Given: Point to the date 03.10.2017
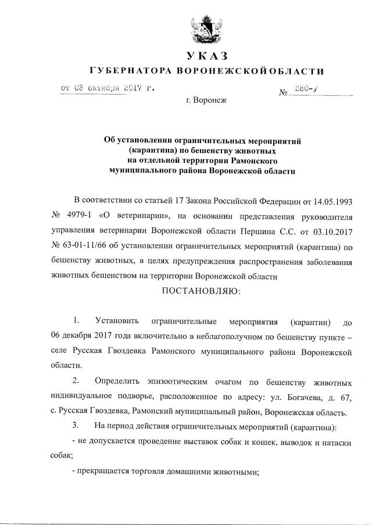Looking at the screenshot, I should pos(332,232).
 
